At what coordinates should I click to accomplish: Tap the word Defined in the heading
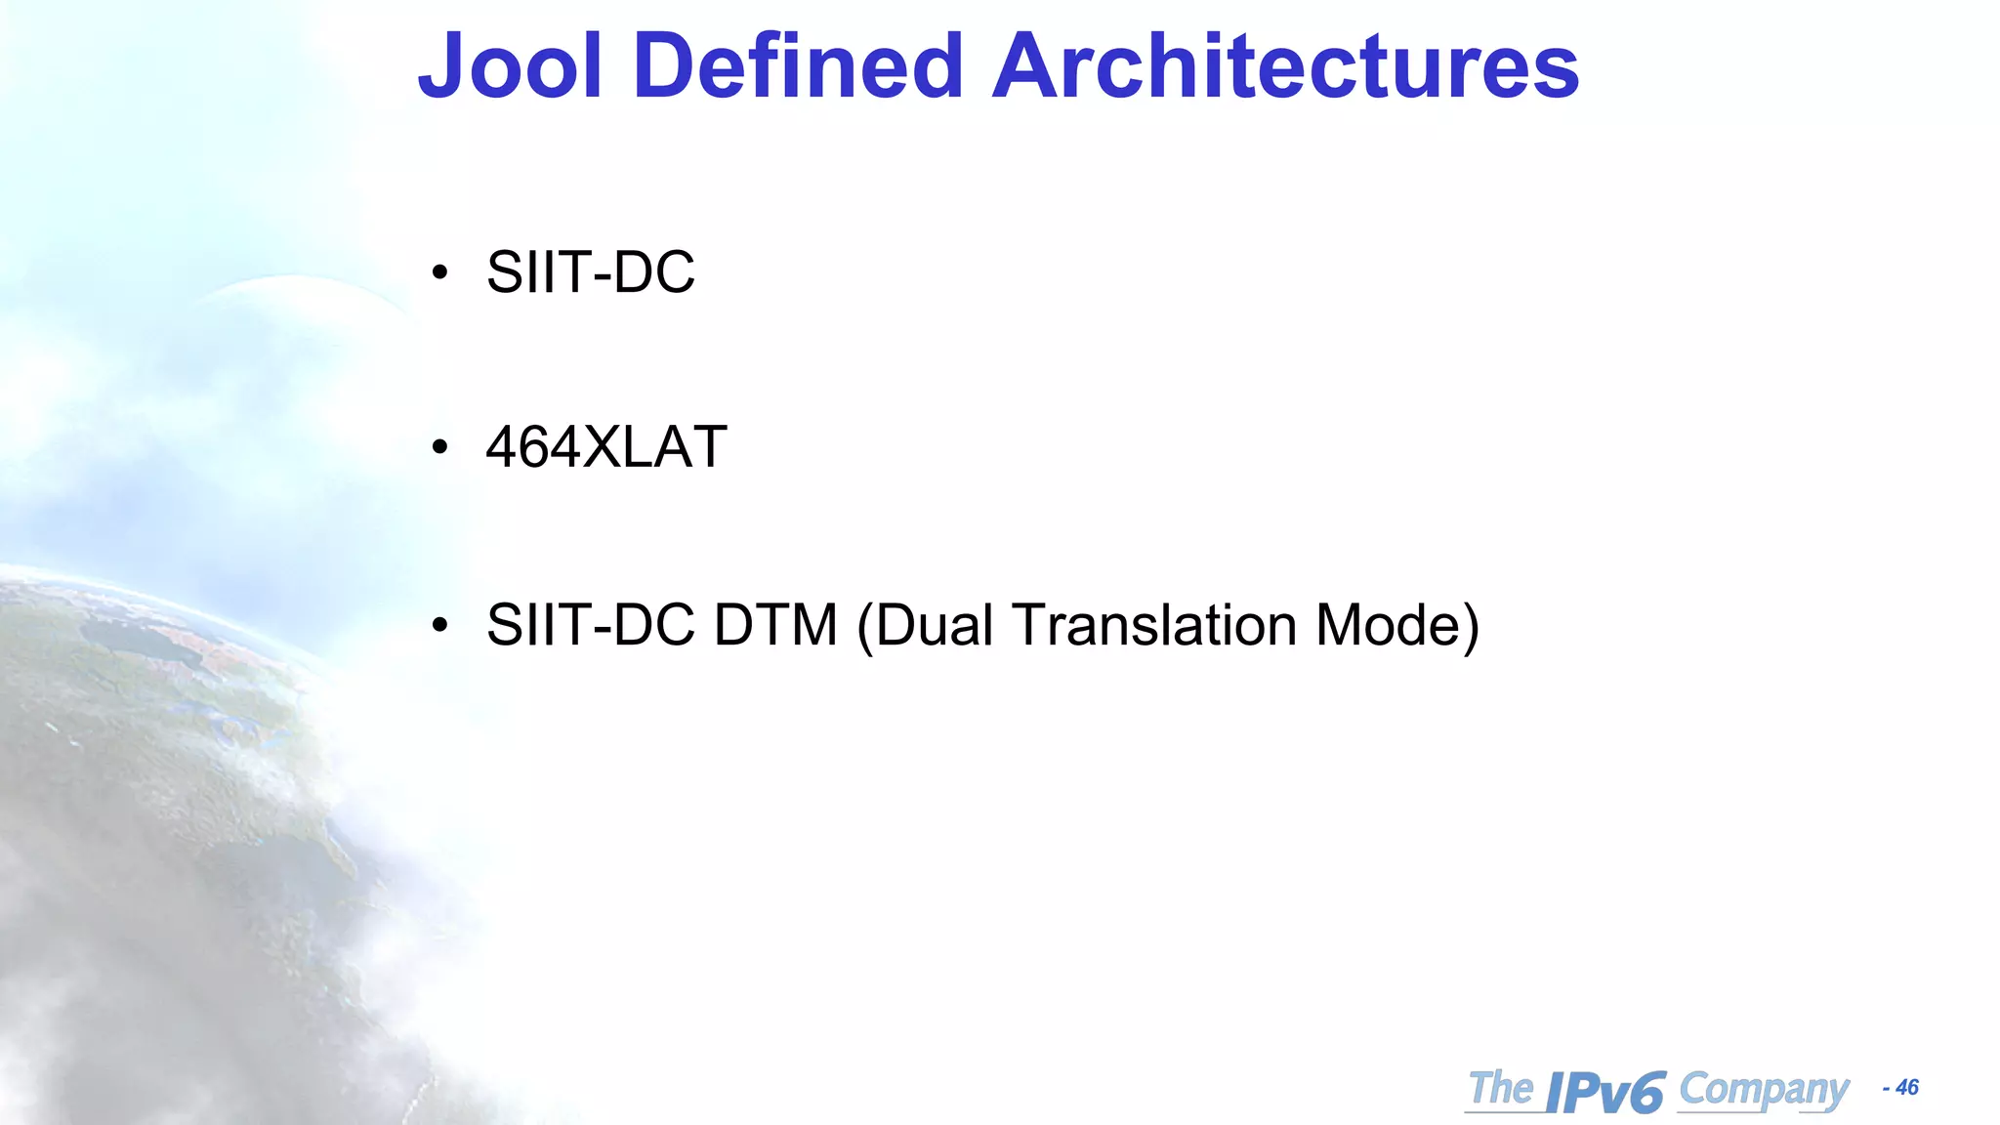(798, 66)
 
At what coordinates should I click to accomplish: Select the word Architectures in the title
(1285, 66)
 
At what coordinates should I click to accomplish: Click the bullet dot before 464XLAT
(440, 448)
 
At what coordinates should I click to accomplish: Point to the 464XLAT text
(606, 447)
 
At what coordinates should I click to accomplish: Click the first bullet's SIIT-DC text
(591, 271)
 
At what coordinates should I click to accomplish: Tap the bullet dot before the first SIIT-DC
(440, 272)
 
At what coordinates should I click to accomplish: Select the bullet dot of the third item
(440, 625)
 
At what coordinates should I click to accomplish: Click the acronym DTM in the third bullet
(775, 625)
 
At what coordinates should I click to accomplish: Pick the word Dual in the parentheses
(935, 625)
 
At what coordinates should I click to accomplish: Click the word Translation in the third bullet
(1154, 625)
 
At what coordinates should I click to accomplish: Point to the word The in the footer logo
(1501, 1088)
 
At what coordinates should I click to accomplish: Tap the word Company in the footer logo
(1764, 1089)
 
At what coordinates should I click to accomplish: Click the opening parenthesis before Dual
(864, 627)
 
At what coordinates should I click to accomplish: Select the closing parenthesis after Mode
(1471, 627)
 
